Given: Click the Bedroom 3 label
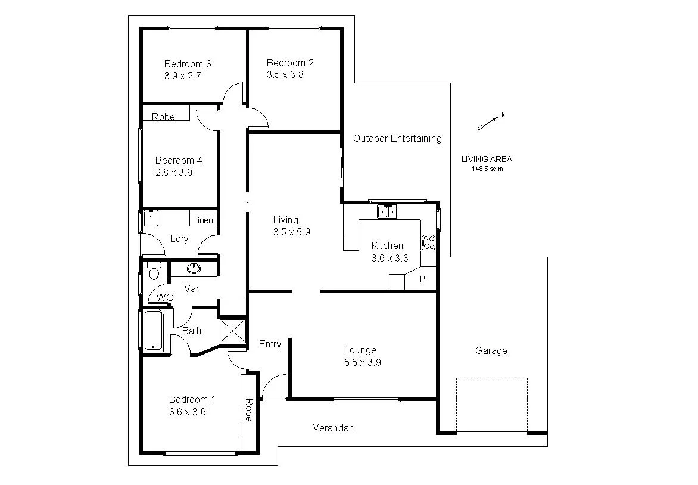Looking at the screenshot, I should (x=188, y=64).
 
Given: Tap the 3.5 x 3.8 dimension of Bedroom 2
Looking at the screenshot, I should (x=285, y=75).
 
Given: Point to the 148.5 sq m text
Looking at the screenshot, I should (x=487, y=169).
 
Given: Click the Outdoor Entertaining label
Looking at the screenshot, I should (x=397, y=138).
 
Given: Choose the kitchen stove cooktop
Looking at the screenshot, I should (x=428, y=242).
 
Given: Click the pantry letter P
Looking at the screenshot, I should (x=423, y=279).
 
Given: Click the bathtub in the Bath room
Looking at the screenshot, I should (x=154, y=331).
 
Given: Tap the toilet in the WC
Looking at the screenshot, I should (x=154, y=272).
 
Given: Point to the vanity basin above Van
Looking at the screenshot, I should (x=194, y=269).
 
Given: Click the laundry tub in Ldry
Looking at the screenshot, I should (x=151, y=218).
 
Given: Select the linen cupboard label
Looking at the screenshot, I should (x=204, y=220).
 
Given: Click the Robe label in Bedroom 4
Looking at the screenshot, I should (x=163, y=117).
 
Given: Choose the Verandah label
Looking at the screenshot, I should (x=334, y=428).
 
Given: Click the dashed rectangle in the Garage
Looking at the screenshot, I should (x=492, y=403).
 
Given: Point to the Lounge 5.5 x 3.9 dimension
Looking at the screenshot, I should (x=362, y=362).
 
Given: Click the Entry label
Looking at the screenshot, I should (x=270, y=344).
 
